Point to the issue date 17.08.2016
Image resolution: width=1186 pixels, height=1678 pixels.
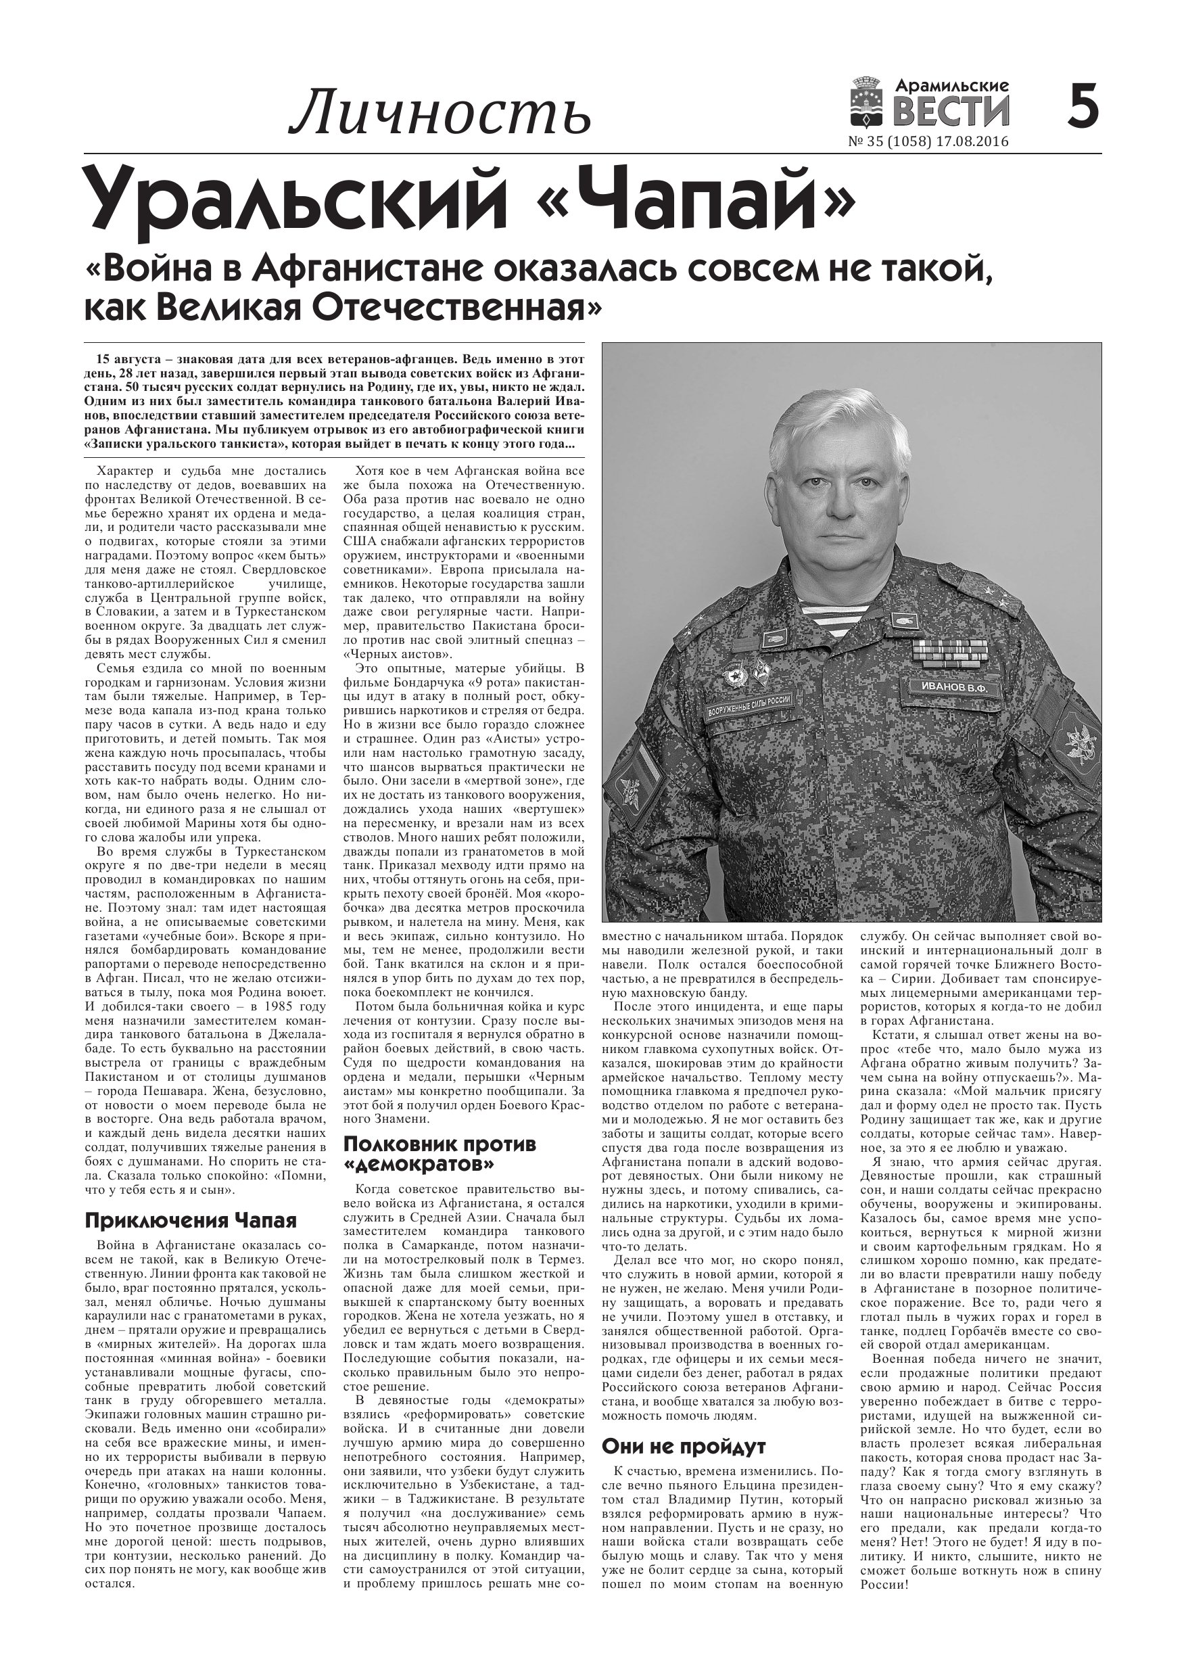(x=976, y=142)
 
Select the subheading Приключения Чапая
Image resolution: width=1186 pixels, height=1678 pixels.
(x=191, y=1221)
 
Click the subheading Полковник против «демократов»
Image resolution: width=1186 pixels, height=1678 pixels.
(x=440, y=1152)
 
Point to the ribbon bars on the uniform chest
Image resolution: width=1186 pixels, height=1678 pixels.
(x=949, y=653)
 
